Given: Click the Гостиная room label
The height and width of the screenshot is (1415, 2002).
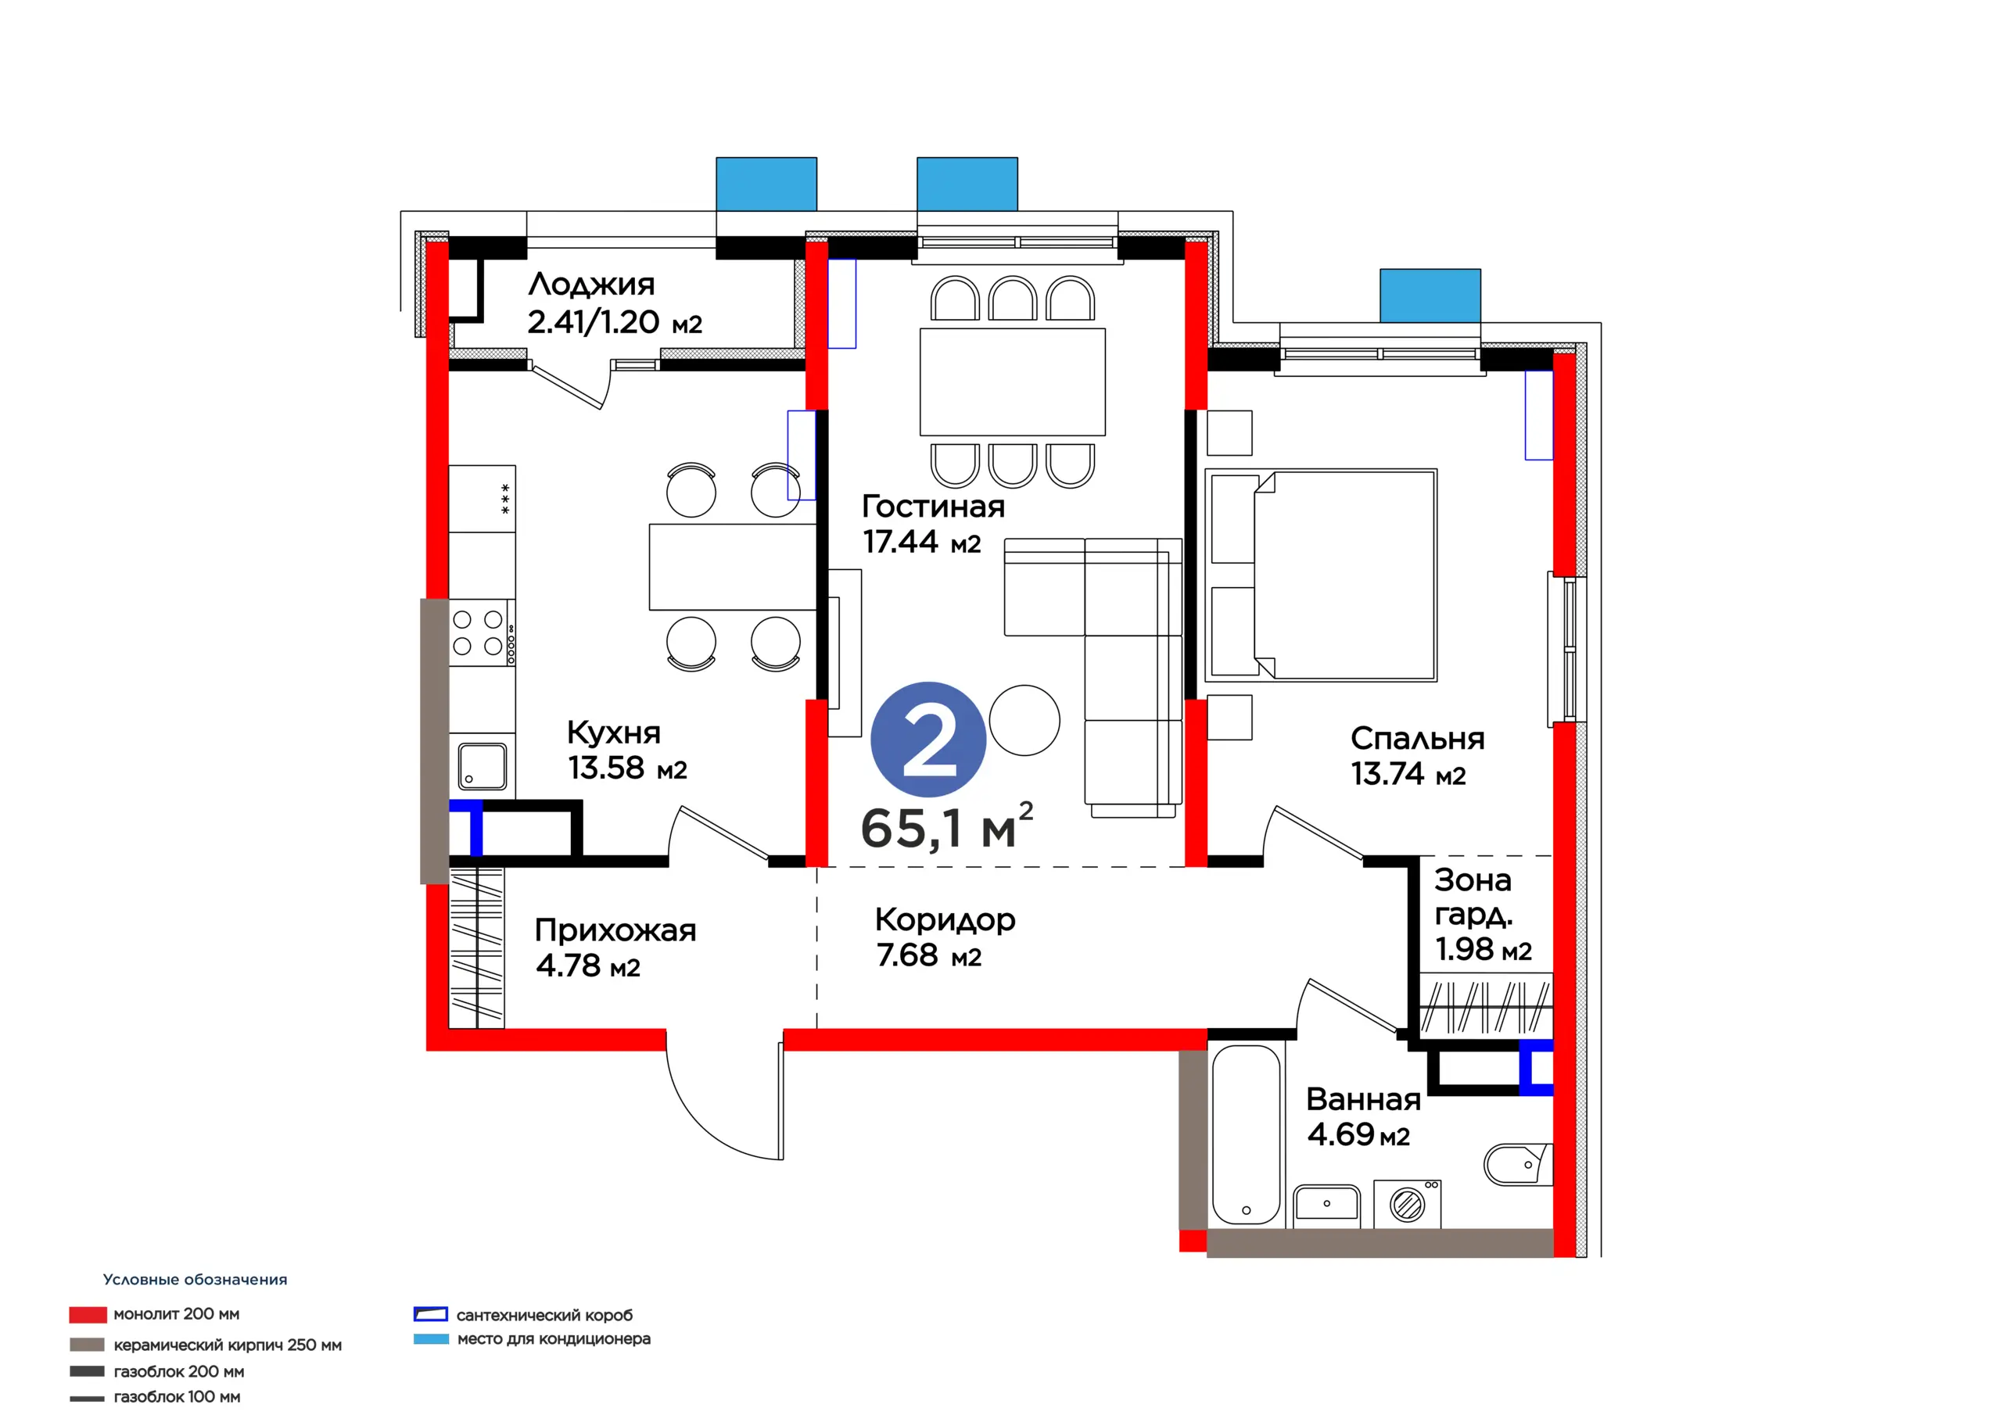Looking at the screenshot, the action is [x=933, y=507].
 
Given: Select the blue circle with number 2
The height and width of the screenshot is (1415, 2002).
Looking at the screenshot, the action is [x=927, y=740].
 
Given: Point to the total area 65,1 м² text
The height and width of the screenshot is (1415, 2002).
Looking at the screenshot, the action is [x=947, y=826].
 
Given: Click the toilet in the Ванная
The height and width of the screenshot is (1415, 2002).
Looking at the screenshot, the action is [x=1518, y=1165].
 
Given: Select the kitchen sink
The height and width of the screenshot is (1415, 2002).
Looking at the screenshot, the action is [x=483, y=765].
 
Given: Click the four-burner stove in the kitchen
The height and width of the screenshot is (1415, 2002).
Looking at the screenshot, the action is [x=481, y=633].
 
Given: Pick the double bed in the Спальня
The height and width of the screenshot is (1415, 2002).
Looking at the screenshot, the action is [x=1320, y=575].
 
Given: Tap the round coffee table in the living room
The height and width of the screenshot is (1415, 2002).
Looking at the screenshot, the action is [x=1024, y=720].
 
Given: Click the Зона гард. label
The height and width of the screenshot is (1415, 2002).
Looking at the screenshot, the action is [x=1473, y=897].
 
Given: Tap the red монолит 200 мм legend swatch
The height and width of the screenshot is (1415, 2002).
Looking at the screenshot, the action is [x=88, y=1314].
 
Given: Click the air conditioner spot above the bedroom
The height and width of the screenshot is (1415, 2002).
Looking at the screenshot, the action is [x=1430, y=296].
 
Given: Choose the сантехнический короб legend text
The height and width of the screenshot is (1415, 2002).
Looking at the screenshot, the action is [x=545, y=1315].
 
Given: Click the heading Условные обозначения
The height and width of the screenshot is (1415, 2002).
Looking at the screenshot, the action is [x=196, y=1279].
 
